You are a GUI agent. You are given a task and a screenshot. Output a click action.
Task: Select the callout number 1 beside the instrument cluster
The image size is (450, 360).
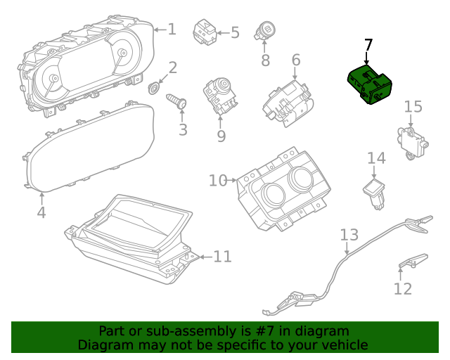coord(172,29)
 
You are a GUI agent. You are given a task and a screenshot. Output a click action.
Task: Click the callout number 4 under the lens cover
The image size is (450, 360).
coord(41,212)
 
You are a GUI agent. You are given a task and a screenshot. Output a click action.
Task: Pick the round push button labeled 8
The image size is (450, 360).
coord(268,31)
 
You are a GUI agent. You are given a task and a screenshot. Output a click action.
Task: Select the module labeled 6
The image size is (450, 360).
coord(286,103)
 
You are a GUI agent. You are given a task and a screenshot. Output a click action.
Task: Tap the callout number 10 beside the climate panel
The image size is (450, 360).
coord(217,181)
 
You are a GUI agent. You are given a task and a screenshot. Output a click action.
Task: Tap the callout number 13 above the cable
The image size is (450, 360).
coord(349,233)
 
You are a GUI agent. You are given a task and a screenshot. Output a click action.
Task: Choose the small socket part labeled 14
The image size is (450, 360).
coord(375,191)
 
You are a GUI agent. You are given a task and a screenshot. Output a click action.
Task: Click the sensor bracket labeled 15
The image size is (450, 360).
coord(413,139)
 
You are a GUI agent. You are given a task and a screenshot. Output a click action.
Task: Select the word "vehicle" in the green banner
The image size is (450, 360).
coord(343,345)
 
